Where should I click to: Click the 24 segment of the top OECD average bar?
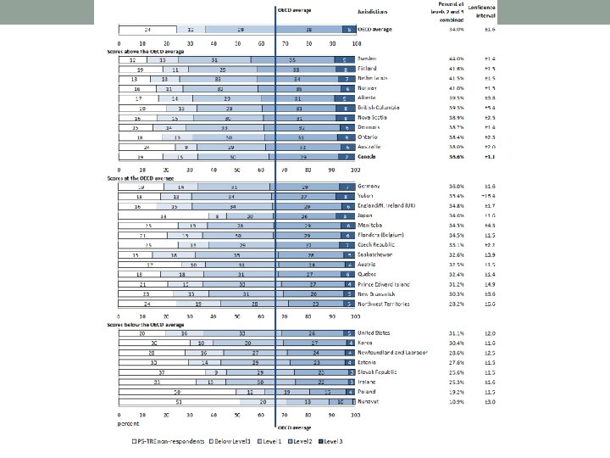[x=148, y=30]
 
